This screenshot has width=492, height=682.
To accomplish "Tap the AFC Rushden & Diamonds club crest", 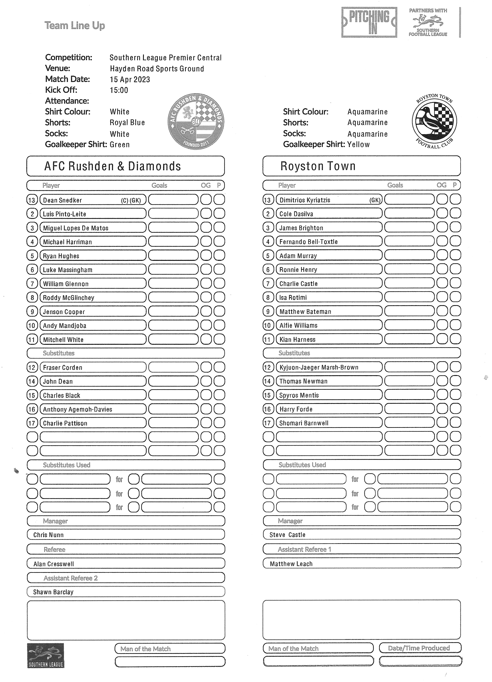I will click(x=196, y=121).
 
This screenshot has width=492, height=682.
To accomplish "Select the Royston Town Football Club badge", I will click(x=434, y=121).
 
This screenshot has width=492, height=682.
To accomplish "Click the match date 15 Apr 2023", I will click(x=130, y=79).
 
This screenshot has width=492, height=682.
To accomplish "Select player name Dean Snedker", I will click(x=62, y=200).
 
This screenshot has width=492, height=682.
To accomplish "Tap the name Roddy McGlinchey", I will click(x=69, y=298).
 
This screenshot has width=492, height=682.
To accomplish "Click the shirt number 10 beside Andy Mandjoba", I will click(x=32, y=325).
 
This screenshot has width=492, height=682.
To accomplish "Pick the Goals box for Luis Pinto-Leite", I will click(x=173, y=214).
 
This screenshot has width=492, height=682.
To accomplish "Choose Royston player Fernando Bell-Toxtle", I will click(x=308, y=242).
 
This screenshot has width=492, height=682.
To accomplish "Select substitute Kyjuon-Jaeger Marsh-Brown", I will click(x=319, y=367).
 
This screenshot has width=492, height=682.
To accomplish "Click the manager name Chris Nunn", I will click(x=48, y=535).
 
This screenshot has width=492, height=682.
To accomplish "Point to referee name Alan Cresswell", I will click(x=54, y=564).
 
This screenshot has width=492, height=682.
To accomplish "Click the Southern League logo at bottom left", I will click(x=46, y=656).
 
